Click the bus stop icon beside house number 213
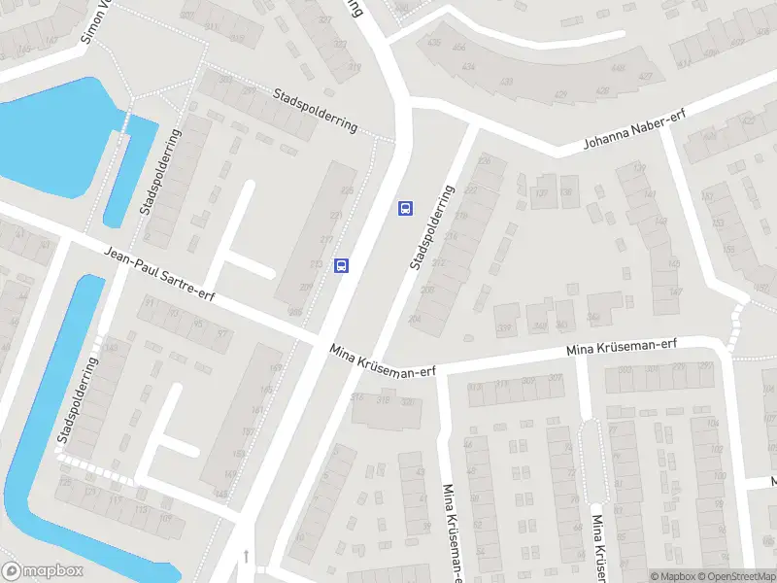pyautogui.click(x=341, y=264)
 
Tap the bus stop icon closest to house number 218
pyautogui.click(x=405, y=208)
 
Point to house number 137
pyautogui.click(x=542, y=191)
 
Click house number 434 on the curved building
pyautogui.click(x=469, y=66)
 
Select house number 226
pyautogui.click(x=485, y=160)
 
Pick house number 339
pyautogui.click(x=504, y=328)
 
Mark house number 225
pyautogui.click(x=347, y=190)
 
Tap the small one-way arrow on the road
pyautogui.click(x=247, y=556)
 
